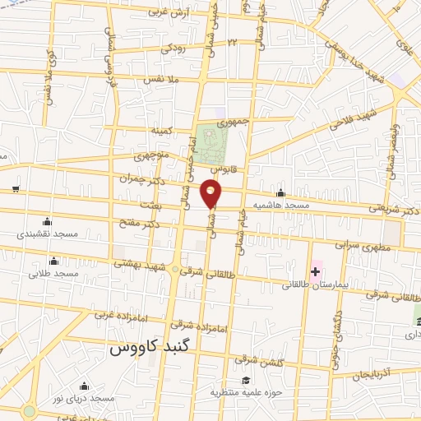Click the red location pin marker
(211, 193)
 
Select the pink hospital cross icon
(314, 271)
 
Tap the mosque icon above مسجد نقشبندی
(47, 221)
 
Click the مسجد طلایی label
(51, 274)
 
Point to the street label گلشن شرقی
(257, 359)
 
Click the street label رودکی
(173, 49)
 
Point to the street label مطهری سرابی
(359, 244)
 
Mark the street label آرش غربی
(168, 13)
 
